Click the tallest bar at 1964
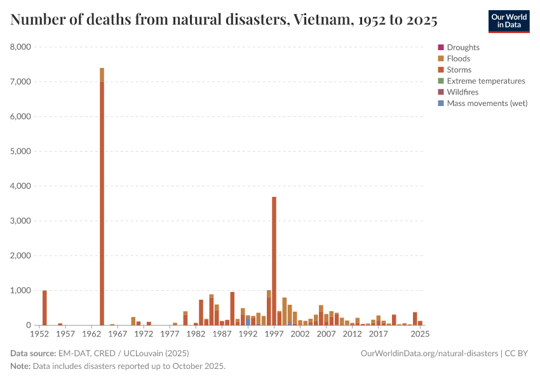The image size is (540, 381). click(102, 203)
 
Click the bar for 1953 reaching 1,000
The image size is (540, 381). click(44, 308)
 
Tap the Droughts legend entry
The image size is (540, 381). click(462, 48)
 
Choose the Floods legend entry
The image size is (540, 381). click(458, 58)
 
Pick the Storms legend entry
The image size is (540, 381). click(459, 70)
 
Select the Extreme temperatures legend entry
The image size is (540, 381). click(485, 81)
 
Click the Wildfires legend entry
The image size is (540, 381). click(462, 92)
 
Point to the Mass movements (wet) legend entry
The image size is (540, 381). click(487, 103)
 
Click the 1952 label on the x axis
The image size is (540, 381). click(39, 334)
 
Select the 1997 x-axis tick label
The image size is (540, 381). click(274, 334)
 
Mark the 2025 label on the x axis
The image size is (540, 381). click(419, 334)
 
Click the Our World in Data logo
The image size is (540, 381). click(508, 21)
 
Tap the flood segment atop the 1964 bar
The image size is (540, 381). click(102, 75)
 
